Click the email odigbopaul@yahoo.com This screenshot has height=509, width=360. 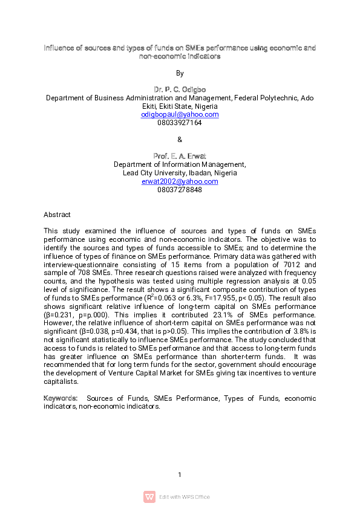pos(180,114)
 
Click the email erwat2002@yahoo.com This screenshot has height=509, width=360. pos(180,181)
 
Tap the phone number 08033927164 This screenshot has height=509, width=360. pos(180,123)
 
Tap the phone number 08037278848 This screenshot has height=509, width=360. pos(180,190)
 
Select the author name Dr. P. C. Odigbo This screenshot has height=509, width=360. pos(180,89)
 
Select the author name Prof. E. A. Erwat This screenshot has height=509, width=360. pos(180,156)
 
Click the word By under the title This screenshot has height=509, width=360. pos(180,73)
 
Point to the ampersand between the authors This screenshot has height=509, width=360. pos(180,140)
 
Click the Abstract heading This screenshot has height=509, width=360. pos(57,215)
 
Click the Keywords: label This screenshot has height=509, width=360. pos(61,398)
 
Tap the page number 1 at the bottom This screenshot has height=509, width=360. pos(180,475)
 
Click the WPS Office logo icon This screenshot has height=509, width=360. pos(149,497)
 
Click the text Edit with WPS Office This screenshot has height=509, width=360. pos(185,497)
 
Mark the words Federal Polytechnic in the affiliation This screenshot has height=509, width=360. pos(267,97)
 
